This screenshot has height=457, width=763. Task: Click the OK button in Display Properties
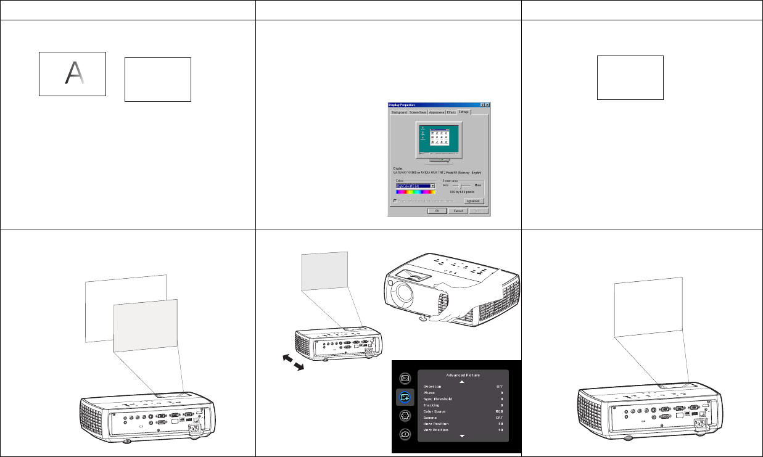point(437,210)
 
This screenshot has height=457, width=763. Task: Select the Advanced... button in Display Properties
point(474,201)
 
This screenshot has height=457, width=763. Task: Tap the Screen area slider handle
point(460,185)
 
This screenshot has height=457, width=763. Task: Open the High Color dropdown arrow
point(433,185)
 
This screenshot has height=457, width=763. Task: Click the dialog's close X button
point(487,105)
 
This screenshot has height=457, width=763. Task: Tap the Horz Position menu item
point(440,424)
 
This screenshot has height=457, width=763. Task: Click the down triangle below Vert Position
point(461,436)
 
